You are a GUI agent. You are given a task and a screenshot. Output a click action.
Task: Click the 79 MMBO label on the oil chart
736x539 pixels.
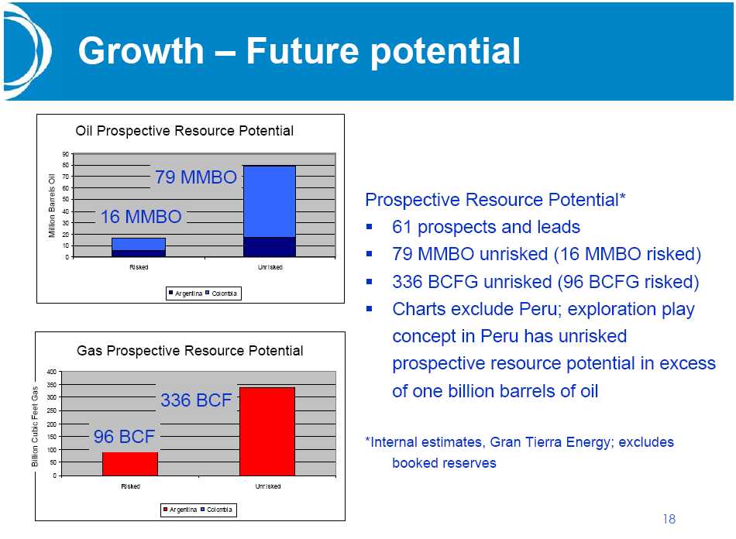[196, 177]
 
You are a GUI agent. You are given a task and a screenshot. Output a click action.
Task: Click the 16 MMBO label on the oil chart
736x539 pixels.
[141, 217]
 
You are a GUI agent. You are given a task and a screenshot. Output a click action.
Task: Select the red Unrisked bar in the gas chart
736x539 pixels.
[267, 431]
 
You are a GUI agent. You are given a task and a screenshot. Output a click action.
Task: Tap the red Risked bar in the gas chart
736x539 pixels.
[130, 464]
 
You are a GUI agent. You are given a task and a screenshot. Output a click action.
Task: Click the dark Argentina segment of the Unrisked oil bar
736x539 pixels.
[270, 247]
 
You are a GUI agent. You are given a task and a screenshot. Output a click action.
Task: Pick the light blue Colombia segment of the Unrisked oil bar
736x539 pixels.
[270, 201]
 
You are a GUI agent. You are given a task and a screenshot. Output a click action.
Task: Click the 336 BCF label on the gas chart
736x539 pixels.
[196, 400]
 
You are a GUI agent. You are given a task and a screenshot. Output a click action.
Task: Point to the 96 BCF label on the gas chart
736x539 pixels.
[124, 437]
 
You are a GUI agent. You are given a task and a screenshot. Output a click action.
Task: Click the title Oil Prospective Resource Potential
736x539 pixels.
[184, 131]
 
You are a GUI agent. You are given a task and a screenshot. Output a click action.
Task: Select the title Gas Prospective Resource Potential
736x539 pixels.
[190, 351]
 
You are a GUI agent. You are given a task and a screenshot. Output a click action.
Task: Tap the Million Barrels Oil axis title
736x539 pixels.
[52, 205]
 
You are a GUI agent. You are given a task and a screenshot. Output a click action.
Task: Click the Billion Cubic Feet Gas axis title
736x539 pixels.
[35, 427]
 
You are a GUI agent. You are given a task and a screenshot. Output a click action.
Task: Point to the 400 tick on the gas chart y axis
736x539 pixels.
[52, 372]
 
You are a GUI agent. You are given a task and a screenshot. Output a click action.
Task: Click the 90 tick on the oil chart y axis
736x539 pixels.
[65, 154]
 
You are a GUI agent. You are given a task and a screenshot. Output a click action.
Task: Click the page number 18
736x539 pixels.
[669, 519]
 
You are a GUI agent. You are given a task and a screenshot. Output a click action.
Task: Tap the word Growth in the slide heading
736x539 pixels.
[141, 50]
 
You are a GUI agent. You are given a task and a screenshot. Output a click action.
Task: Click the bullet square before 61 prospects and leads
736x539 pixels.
[370, 227]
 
